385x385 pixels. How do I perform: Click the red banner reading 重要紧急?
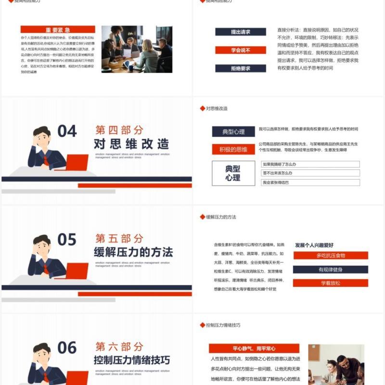coord(58,29)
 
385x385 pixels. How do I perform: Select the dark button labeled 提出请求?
coord(240,32)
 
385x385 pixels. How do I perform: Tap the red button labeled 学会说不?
coord(240,50)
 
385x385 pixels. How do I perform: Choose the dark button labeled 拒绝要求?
coord(240,68)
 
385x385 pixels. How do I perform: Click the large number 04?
coord(67,131)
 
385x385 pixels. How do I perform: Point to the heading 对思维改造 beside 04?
coord(131,144)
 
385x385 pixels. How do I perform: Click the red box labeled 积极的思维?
coord(233,149)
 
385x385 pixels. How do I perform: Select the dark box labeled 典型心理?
coord(233,131)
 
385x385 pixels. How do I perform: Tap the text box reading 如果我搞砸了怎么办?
coord(310,164)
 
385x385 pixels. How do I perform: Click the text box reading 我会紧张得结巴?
coord(310,182)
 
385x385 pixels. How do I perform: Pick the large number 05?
coord(67,239)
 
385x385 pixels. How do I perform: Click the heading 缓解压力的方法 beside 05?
coord(133,252)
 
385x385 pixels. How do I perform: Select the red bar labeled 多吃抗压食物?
coord(331,256)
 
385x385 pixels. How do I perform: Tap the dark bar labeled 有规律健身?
coord(331,269)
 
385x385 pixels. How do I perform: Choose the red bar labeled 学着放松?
coord(331,283)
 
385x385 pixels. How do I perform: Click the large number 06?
coord(67,347)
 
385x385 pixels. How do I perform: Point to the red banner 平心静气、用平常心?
coord(254,348)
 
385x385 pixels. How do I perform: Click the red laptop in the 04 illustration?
coord(72,163)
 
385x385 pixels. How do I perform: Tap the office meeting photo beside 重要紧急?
coord(137,49)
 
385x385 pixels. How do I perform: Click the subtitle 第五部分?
coord(119,238)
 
